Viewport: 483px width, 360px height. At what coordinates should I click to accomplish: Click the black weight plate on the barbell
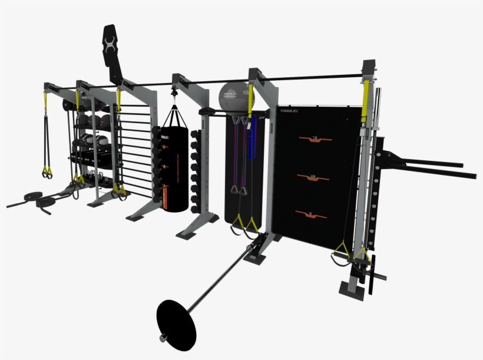176,322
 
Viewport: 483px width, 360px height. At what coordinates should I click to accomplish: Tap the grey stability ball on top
233,97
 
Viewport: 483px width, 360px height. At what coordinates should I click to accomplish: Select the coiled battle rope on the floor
37,200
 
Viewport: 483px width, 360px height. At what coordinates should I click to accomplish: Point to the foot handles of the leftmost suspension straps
46,172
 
